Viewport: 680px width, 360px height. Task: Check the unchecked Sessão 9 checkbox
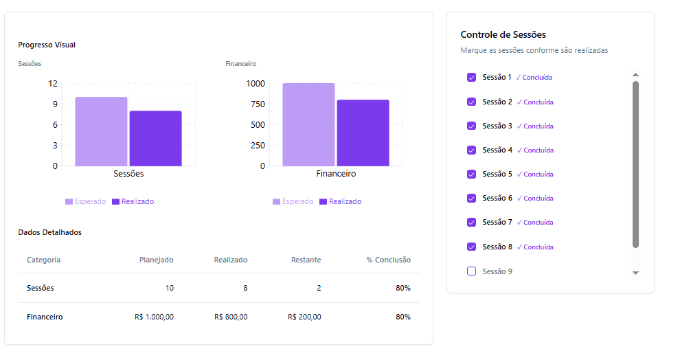pyautogui.click(x=471, y=271)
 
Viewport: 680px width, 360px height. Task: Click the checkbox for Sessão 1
pyautogui.click(x=471, y=78)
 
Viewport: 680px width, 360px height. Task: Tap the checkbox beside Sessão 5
pyautogui.click(x=471, y=174)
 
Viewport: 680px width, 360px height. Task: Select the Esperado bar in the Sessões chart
pyautogui.click(x=101, y=131)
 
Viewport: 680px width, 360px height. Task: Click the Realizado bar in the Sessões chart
pyautogui.click(x=155, y=138)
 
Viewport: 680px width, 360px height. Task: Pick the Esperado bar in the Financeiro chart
pyautogui.click(x=308, y=124)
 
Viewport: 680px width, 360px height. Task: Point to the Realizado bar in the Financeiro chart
pyautogui.click(x=363, y=133)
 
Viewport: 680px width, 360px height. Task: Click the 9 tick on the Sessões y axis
pyautogui.click(x=54, y=104)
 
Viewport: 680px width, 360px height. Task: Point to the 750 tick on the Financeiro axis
pyautogui.click(x=256, y=104)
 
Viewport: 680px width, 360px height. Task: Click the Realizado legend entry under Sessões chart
pyautogui.click(x=133, y=202)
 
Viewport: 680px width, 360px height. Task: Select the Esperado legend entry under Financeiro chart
pyautogui.click(x=293, y=202)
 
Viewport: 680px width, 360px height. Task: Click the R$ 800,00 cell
pyautogui.click(x=231, y=317)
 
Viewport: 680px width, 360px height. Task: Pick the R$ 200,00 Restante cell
pyautogui.click(x=304, y=317)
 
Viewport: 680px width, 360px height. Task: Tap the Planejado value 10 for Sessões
pyautogui.click(x=169, y=288)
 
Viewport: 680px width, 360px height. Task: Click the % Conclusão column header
pyautogui.click(x=388, y=260)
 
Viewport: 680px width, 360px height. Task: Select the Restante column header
pyautogui.click(x=306, y=260)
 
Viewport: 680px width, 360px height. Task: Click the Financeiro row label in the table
pyautogui.click(x=45, y=317)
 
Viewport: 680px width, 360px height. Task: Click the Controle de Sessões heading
pyautogui.click(x=503, y=34)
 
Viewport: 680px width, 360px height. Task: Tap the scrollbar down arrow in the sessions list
pyautogui.click(x=635, y=273)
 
